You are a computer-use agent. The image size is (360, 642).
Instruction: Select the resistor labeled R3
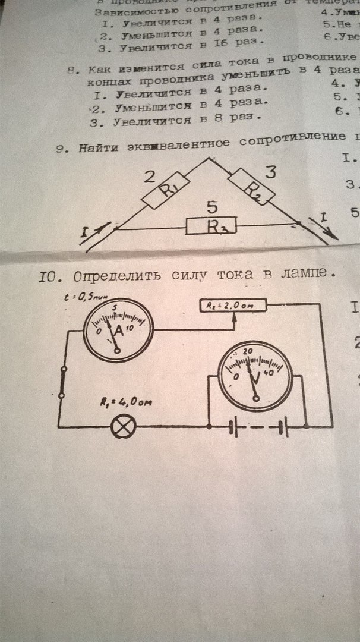(212, 226)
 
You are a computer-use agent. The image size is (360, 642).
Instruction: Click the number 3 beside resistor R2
(271, 173)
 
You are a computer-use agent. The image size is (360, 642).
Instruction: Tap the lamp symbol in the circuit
(124, 426)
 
